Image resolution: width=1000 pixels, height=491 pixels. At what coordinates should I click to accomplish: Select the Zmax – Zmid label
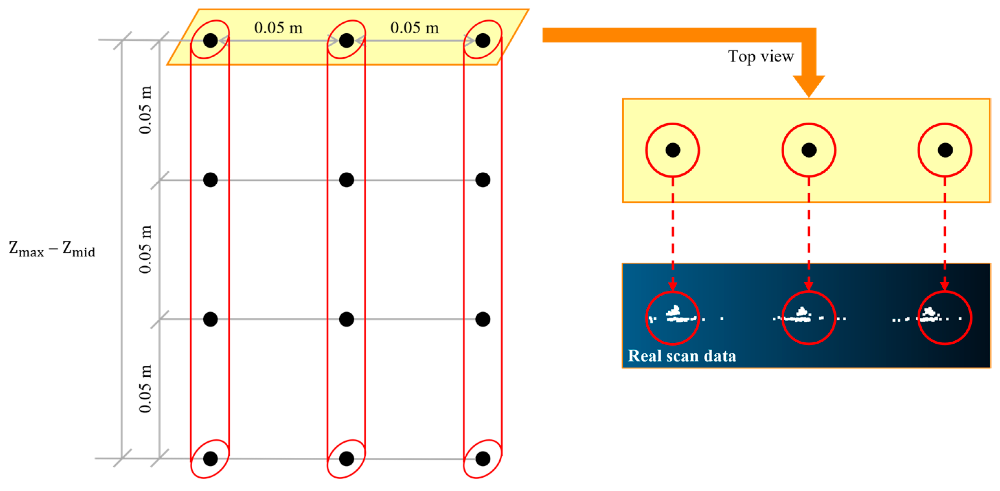(52, 249)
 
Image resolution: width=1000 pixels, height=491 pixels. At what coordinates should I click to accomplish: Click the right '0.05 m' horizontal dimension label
(414, 28)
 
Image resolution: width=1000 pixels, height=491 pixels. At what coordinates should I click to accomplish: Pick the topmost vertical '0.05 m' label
(145, 110)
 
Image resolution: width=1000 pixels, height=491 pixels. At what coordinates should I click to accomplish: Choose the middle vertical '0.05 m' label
(145, 249)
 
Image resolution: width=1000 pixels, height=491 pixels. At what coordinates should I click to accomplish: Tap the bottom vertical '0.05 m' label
(145, 389)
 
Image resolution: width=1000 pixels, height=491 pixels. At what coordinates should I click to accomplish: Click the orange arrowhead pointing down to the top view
(809, 85)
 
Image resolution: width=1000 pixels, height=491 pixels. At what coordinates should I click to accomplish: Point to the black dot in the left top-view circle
(673, 150)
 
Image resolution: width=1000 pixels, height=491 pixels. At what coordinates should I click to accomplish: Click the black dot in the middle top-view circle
(809, 150)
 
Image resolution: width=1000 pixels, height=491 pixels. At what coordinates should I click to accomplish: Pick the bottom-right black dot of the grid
(482, 459)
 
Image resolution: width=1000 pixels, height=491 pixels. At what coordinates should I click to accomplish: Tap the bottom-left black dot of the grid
(211, 459)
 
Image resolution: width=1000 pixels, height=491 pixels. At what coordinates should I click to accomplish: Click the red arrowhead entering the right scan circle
(945, 285)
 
